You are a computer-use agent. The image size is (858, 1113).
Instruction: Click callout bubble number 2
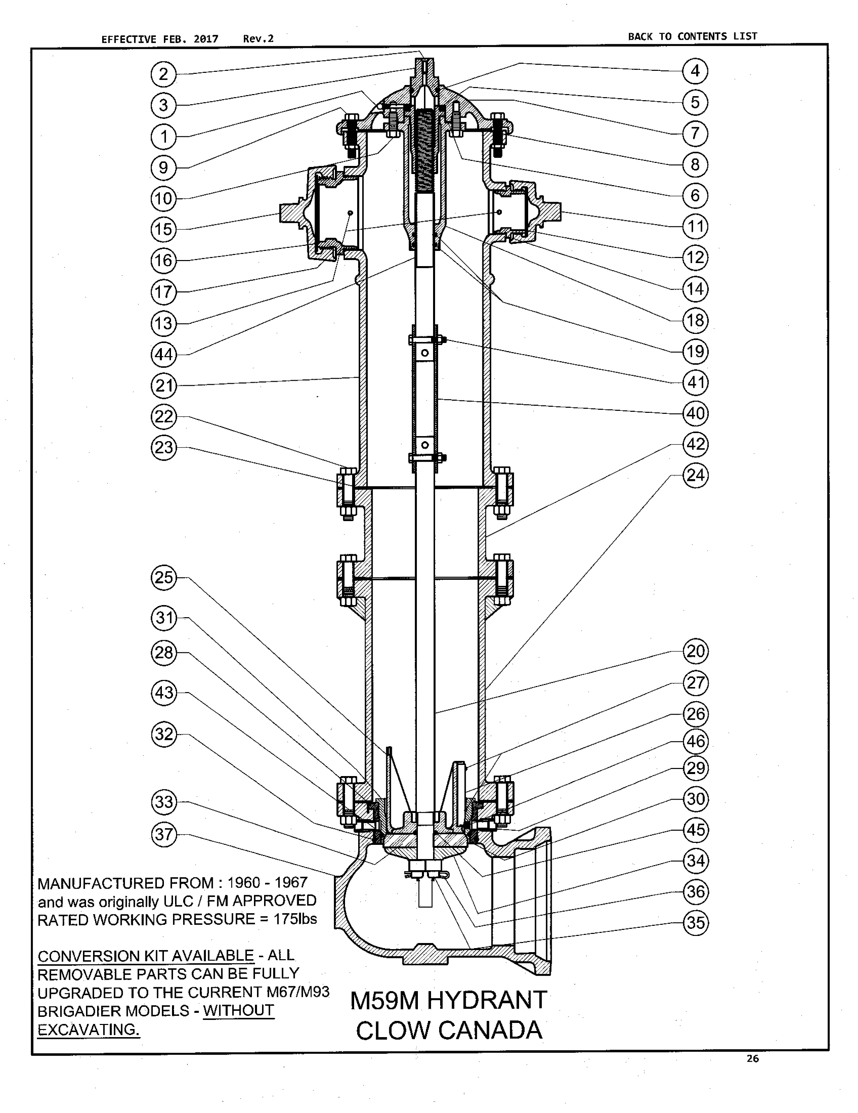pyautogui.click(x=164, y=75)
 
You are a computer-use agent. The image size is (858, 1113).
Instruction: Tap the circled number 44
pyautogui.click(x=164, y=354)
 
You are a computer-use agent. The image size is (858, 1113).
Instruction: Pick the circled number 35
pyautogui.click(x=695, y=923)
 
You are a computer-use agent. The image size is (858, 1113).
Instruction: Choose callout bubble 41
pyautogui.click(x=695, y=382)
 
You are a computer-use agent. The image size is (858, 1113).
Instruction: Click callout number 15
pyautogui.click(x=164, y=229)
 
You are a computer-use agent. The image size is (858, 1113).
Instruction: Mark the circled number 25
pyautogui.click(x=164, y=578)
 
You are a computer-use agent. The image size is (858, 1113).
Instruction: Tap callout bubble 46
pyautogui.click(x=695, y=741)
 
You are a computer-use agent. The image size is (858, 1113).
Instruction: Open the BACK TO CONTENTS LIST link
pyautogui.click(x=692, y=36)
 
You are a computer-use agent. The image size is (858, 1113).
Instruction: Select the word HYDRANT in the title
pyautogui.click(x=487, y=1000)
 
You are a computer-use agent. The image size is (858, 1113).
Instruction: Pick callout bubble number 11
pyautogui.click(x=695, y=226)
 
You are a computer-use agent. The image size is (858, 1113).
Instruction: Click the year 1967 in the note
pyautogui.click(x=291, y=882)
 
